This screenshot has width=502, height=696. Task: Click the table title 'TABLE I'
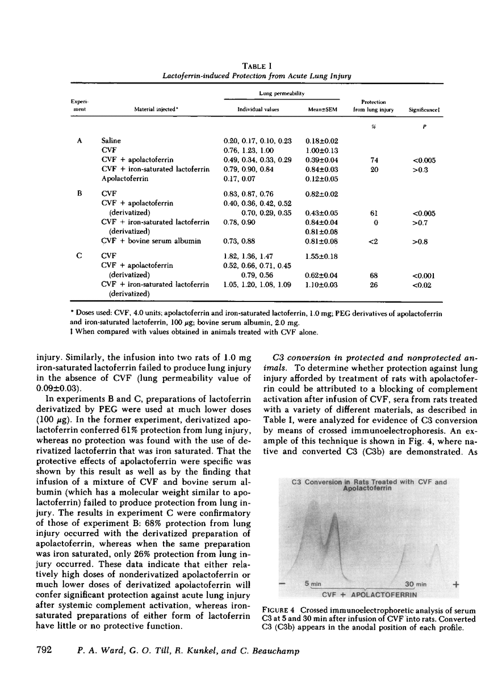[x=250, y=65]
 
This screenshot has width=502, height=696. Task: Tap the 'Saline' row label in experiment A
[x=111, y=140]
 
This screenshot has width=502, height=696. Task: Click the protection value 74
[x=374, y=160]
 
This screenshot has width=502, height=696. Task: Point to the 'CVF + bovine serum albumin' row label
[x=150, y=241]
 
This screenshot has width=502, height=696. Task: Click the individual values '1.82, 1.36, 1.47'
[x=249, y=256]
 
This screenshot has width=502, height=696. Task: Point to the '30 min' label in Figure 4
[x=415, y=584]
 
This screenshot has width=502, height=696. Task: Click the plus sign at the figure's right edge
[x=455, y=584]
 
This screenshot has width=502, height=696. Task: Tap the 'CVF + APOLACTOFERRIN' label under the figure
[x=369, y=594]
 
